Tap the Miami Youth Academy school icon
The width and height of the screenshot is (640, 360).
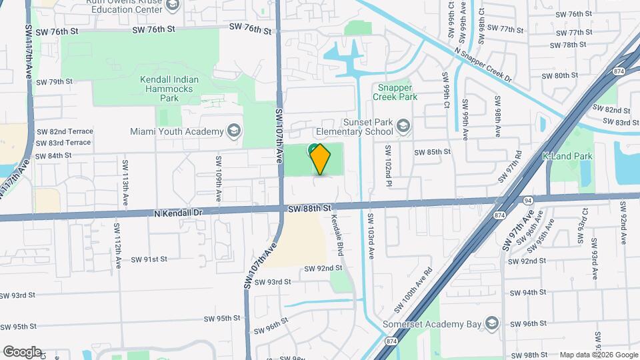click(x=233, y=131)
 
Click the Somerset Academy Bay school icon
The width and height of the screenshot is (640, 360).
click(x=491, y=324)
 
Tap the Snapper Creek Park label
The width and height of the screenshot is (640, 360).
click(x=397, y=92)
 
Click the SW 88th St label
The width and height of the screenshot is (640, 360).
click(x=310, y=209)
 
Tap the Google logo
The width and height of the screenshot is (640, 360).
click(x=22, y=351)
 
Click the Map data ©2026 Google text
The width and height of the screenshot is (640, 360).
click(x=598, y=355)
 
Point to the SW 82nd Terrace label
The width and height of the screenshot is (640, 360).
click(x=65, y=131)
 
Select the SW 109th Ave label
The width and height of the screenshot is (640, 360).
click(x=218, y=179)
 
